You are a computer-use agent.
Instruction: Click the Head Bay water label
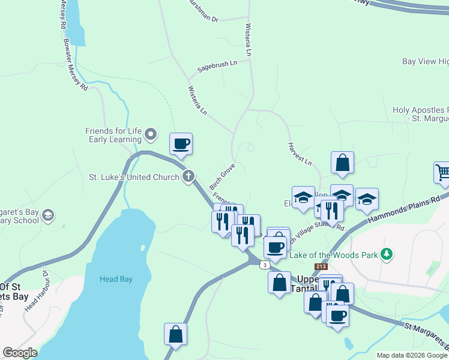[x=116, y=279]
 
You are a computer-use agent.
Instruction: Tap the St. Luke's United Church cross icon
[x=188, y=176]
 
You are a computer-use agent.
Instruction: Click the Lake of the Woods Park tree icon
[x=388, y=254]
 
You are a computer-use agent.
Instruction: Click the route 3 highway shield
[x=265, y=265]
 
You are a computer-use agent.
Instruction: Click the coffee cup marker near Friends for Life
[x=181, y=143]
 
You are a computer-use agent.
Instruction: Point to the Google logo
[x=20, y=353]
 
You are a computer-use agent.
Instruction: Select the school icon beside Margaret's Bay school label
[x=49, y=215]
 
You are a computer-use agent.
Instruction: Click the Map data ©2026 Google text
[x=412, y=355]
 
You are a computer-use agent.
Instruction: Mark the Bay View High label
[x=426, y=62]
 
